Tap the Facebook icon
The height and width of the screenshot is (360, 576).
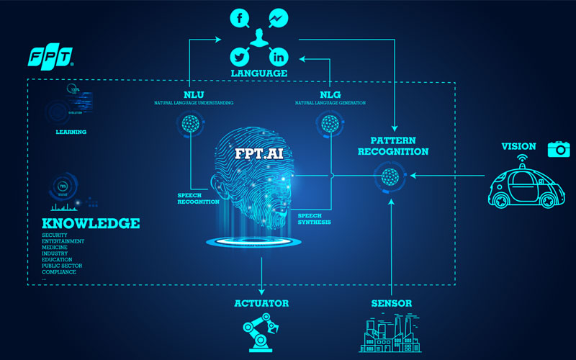coord(240,17)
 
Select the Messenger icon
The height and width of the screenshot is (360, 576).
coord(278,17)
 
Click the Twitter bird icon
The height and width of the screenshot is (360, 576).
coord(240,56)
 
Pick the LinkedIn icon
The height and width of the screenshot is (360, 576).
coord(278,56)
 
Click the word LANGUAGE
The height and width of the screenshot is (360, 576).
coord(259,73)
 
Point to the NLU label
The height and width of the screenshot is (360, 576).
coord(194,94)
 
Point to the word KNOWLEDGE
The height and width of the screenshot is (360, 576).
coord(91,224)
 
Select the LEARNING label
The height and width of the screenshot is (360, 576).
coord(71,132)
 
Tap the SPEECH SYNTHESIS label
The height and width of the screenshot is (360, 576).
coord(315,219)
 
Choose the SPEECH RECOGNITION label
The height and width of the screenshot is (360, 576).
coord(198,198)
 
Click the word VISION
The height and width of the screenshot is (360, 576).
coord(518,147)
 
